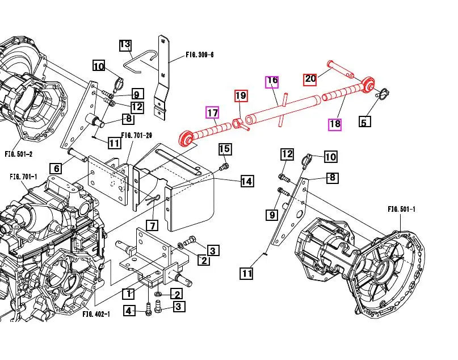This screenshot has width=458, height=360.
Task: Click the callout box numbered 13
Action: pos(125,44)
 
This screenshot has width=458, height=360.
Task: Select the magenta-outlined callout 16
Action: pos(272,81)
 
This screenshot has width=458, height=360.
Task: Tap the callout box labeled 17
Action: pos(212,113)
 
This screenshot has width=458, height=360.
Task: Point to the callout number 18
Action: pos(335,124)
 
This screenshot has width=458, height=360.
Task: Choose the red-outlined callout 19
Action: pos(241,95)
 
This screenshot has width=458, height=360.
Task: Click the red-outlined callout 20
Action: pos(310,78)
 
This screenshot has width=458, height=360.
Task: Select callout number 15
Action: pos(225,149)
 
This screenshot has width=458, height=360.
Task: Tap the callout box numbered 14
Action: pos(246,181)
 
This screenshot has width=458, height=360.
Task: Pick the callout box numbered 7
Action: pos(152,225)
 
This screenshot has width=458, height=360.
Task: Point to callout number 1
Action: pos(129,294)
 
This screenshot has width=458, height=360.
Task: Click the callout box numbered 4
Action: pos(130,311)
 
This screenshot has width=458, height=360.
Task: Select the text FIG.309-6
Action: pos(203,55)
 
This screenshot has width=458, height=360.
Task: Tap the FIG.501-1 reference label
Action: pos(402,209)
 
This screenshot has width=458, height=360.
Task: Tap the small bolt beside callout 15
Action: pos(224,167)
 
